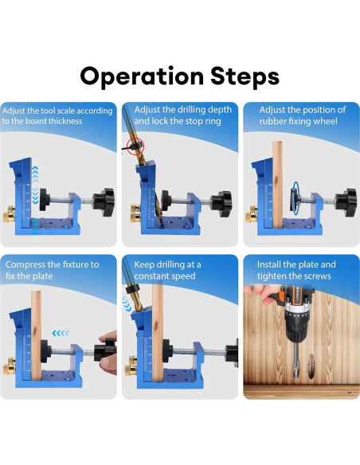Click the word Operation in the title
(142, 76)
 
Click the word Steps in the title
(245, 76)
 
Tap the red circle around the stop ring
(135, 147)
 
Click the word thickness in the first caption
(65, 121)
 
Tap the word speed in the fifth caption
(182, 276)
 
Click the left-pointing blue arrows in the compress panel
(61, 334)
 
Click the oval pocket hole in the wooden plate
(311, 365)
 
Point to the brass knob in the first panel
(10, 214)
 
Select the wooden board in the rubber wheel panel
(277, 185)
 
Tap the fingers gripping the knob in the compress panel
(108, 353)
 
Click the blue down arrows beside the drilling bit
(127, 304)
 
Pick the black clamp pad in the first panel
(44, 199)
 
